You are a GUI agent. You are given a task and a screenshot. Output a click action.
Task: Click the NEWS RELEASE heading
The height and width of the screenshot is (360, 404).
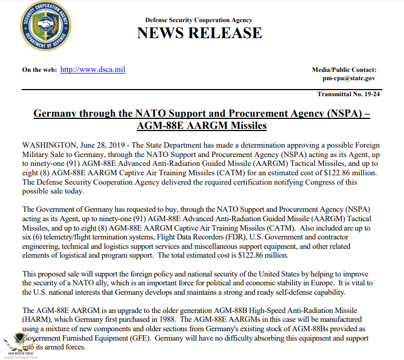pos(199,33)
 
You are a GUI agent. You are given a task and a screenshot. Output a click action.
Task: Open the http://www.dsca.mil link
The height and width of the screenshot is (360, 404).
pos(93,70)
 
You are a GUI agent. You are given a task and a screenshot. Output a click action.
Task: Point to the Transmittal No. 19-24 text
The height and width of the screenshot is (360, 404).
pos(348,95)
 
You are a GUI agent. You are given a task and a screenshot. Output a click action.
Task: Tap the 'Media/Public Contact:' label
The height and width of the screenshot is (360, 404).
pos(344,70)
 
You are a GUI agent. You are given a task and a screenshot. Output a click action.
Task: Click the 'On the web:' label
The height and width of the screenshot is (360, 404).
pos(39,70)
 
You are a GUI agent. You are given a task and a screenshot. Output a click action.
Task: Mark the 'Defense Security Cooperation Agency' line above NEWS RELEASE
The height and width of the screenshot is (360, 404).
pos(199,20)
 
